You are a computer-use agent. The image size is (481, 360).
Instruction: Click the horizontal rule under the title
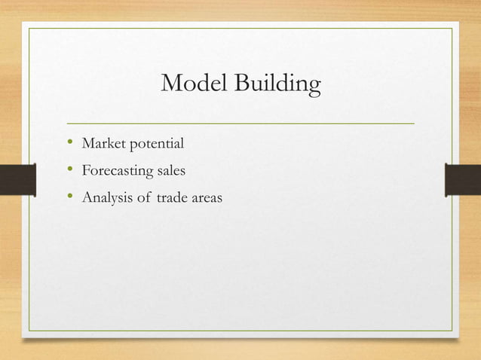point(240,122)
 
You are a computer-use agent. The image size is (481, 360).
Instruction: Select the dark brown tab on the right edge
point(463,181)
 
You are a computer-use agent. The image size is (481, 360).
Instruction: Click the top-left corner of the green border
point(29,29)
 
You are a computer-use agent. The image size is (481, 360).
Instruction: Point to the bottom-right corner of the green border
point(452,331)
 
